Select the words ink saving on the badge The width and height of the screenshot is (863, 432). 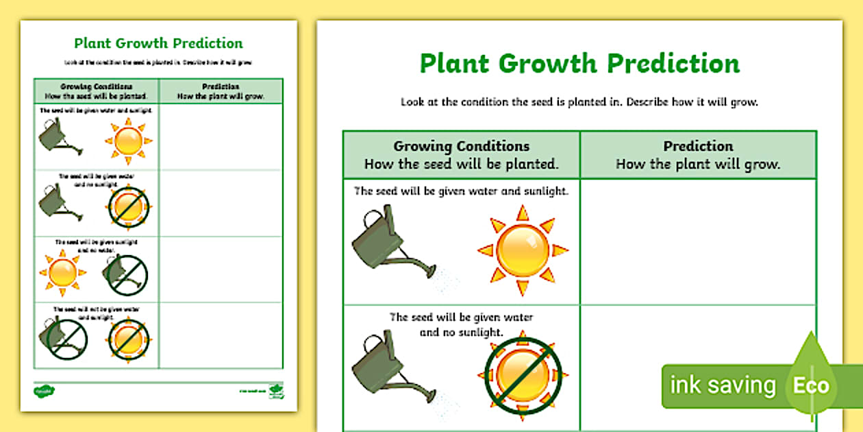point(722,385)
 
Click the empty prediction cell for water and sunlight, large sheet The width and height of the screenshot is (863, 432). point(698,241)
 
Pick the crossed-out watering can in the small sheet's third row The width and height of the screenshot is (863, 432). point(127,274)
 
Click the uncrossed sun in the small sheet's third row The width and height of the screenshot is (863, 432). point(62,273)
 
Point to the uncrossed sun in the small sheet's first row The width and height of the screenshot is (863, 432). point(128,141)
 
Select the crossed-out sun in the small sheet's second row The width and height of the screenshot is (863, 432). point(128,206)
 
